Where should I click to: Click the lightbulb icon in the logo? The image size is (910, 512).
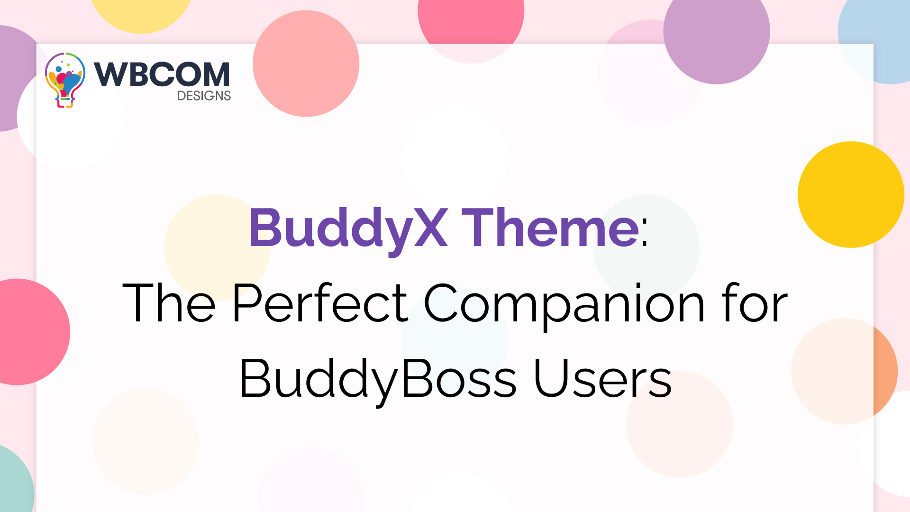[65, 80]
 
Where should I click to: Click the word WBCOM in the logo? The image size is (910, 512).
[162, 74]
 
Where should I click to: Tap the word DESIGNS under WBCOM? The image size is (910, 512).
[204, 96]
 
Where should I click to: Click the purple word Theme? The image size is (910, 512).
[550, 229]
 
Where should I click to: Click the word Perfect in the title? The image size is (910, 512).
[320, 303]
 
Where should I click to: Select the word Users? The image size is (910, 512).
[603, 379]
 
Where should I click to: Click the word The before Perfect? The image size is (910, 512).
[169, 303]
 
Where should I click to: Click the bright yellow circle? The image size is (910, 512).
[851, 194]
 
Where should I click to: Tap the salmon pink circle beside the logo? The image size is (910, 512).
[306, 64]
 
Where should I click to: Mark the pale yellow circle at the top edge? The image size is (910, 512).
[141, 12]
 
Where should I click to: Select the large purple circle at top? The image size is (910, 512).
[716, 33]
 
